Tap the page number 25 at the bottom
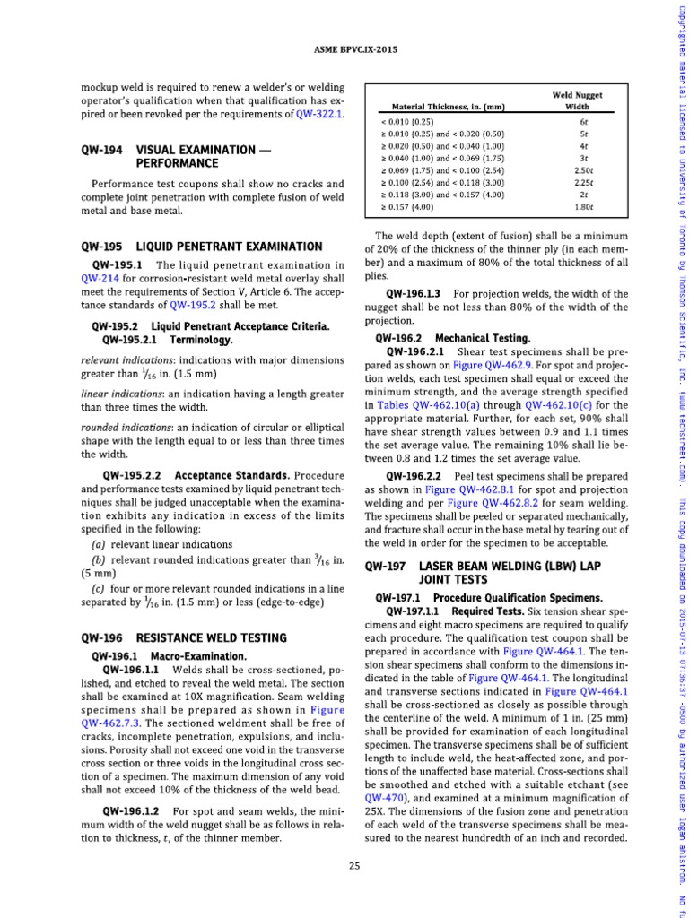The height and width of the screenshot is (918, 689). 355,864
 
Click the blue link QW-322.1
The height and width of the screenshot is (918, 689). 320,115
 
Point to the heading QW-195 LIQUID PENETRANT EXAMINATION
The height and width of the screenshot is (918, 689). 201,246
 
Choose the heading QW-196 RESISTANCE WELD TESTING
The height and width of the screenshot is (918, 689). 183,637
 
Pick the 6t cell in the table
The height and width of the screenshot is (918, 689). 583,121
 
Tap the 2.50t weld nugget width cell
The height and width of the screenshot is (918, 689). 583,169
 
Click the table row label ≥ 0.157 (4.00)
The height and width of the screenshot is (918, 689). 407,207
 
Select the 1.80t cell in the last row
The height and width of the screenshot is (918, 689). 583,207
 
